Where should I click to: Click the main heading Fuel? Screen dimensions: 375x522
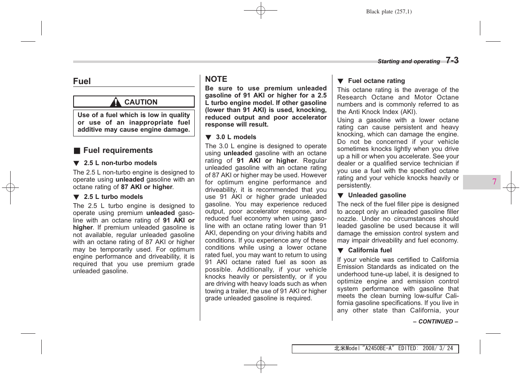point(82,81)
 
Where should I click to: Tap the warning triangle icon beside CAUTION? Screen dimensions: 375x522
point(116,103)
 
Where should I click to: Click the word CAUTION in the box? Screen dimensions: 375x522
point(141,102)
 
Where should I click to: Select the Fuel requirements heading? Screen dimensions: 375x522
point(118,151)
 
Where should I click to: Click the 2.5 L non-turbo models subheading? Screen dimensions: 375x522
point(120,163)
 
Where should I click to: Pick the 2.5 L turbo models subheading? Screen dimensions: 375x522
point(113,197)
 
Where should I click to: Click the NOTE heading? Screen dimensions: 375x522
point(216,79)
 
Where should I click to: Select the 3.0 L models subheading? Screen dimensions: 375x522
point(236,137)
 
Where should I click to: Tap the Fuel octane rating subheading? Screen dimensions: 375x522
point(376,81)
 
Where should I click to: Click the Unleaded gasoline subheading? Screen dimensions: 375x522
point(377,195)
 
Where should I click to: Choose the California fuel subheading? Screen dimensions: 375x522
point(370,250)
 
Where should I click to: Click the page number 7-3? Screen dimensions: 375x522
point(452,61)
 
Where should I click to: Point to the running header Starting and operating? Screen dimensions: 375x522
point(408,61)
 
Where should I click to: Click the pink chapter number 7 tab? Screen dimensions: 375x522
point(494,182)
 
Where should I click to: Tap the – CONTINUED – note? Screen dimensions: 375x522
point(435,322)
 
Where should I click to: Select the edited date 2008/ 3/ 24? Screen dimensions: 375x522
point(437,348)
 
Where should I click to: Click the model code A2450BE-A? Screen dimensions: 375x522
point(378,348)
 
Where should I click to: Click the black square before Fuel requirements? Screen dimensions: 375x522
point(77,151)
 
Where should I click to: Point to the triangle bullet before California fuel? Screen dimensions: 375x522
point(341,251)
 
